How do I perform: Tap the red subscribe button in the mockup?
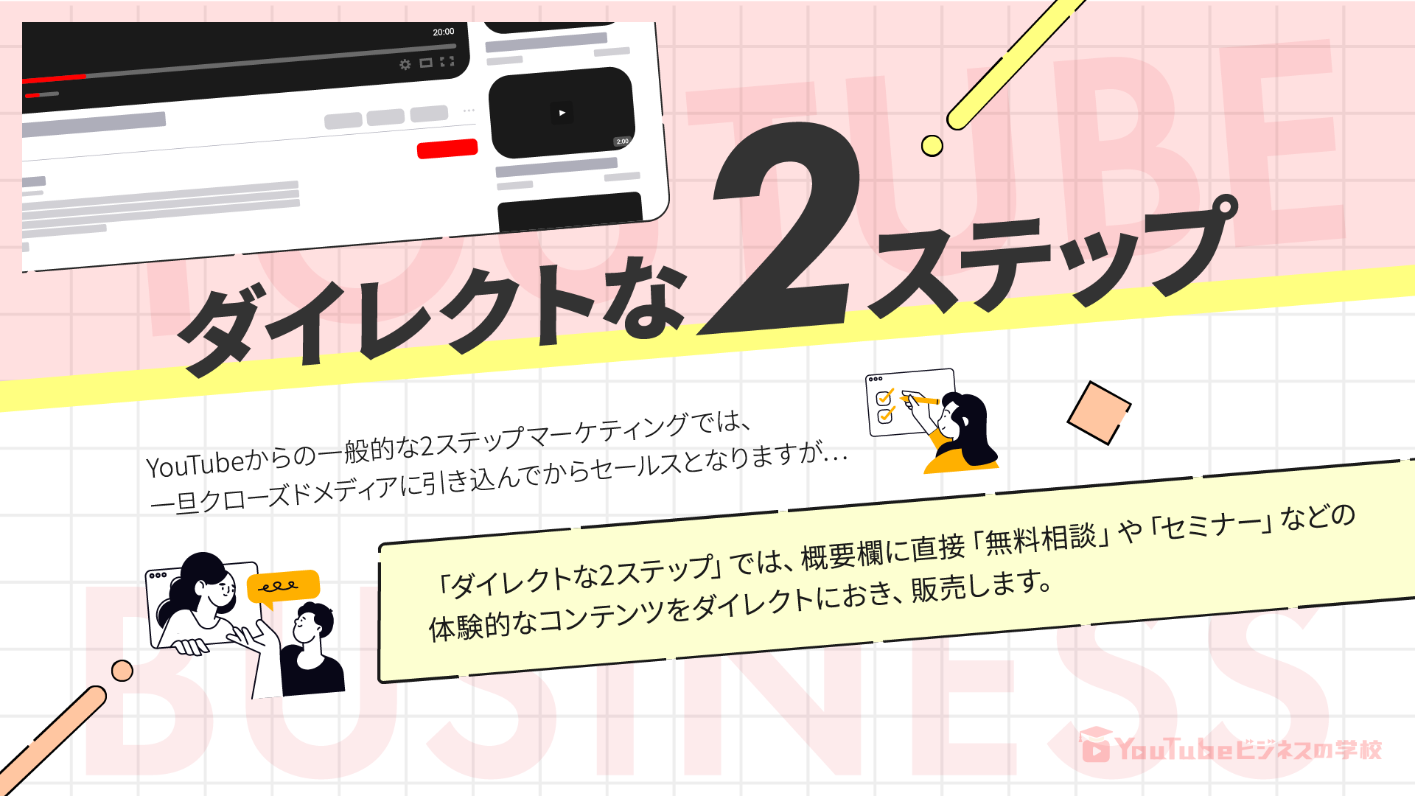(x=447, y=148)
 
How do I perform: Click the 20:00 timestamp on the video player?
(x=444, y=32)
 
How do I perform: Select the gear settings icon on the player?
(x=405, y=65)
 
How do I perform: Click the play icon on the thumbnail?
(x=562, y=113)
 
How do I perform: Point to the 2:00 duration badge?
(x=622, y=141)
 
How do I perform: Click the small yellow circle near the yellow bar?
(x=932, y=146)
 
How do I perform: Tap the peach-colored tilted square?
(x=1099, y=413)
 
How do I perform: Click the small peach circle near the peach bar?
(x=122, y=671)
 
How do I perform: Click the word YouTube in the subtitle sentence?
(x=195, y=464)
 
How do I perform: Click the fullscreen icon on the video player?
(x=447, y=61)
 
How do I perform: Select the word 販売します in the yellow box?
(x=980, y=586)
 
